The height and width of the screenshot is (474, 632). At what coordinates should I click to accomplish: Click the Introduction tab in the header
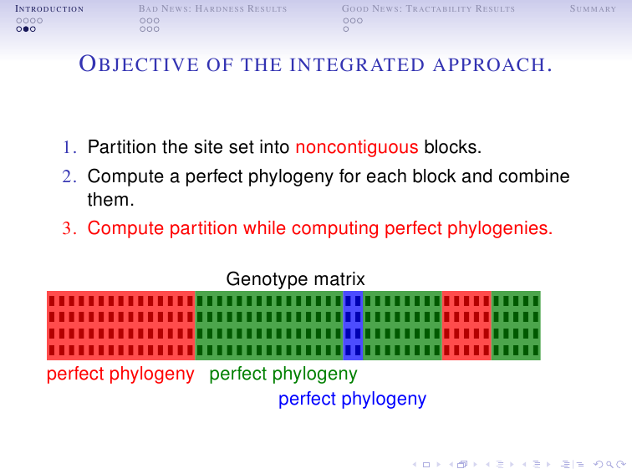click(43, 9)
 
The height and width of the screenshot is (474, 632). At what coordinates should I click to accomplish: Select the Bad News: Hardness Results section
click(212, 9)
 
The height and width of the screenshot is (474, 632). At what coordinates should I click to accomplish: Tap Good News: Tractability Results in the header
click(428, 9)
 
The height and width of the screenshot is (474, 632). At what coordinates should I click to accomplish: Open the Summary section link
click(593, 9)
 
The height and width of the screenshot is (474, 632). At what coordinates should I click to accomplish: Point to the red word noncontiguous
click(357, 148)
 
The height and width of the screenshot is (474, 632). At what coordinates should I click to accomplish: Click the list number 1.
click(69, 149)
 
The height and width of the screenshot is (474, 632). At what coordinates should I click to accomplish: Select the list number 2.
click(69, 177)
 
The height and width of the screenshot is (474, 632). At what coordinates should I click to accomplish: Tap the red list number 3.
click(69, 228)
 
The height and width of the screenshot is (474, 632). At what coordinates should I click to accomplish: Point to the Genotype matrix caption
click(295, 279)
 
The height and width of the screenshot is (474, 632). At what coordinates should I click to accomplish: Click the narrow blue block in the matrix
click(353, 325)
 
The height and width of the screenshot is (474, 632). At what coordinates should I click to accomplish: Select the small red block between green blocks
click(466, 325)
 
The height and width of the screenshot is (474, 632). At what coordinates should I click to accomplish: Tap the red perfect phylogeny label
click(120, 374)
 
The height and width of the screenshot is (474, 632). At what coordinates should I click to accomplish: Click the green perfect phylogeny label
click(283, 374)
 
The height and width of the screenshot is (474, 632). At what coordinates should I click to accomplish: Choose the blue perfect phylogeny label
click(352, 399)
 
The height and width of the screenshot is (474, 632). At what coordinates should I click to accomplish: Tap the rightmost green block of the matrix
click(516, 325)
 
